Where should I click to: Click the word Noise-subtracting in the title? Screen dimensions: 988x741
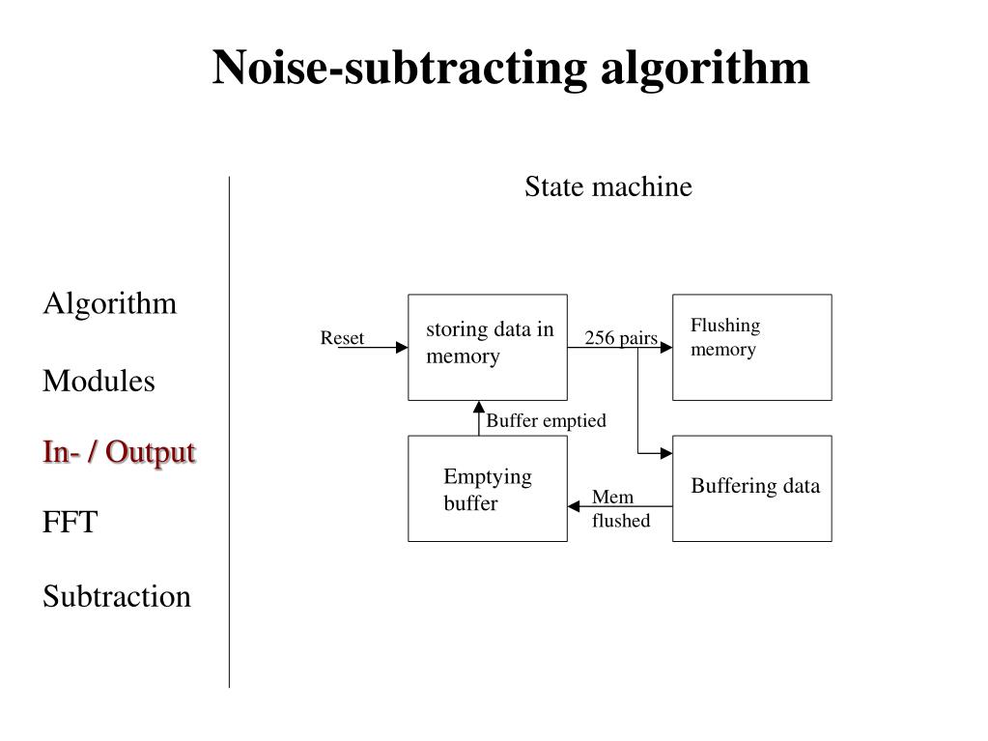click(400, 68)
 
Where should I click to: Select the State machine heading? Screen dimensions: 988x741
click(608, 186)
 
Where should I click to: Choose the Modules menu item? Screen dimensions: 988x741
click(99, 381)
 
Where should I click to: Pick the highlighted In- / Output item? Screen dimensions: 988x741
click(119, 452)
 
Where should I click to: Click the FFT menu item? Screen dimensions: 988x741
click(70, 523)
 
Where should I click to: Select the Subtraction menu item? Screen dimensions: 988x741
click(117, 596)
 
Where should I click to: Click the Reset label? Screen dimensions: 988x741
click(342, 338)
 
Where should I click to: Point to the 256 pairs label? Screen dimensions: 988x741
click(621, 338)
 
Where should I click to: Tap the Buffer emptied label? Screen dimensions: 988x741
click(547, 420)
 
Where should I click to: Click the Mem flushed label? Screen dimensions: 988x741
click(621, 508)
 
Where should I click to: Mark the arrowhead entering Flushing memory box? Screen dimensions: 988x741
click(666, 347)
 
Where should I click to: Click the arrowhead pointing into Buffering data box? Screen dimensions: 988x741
click(666, 453)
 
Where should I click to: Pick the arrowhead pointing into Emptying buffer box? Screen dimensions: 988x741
click(574, 506)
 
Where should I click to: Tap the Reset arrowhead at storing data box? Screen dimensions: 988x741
click(402, 347)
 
